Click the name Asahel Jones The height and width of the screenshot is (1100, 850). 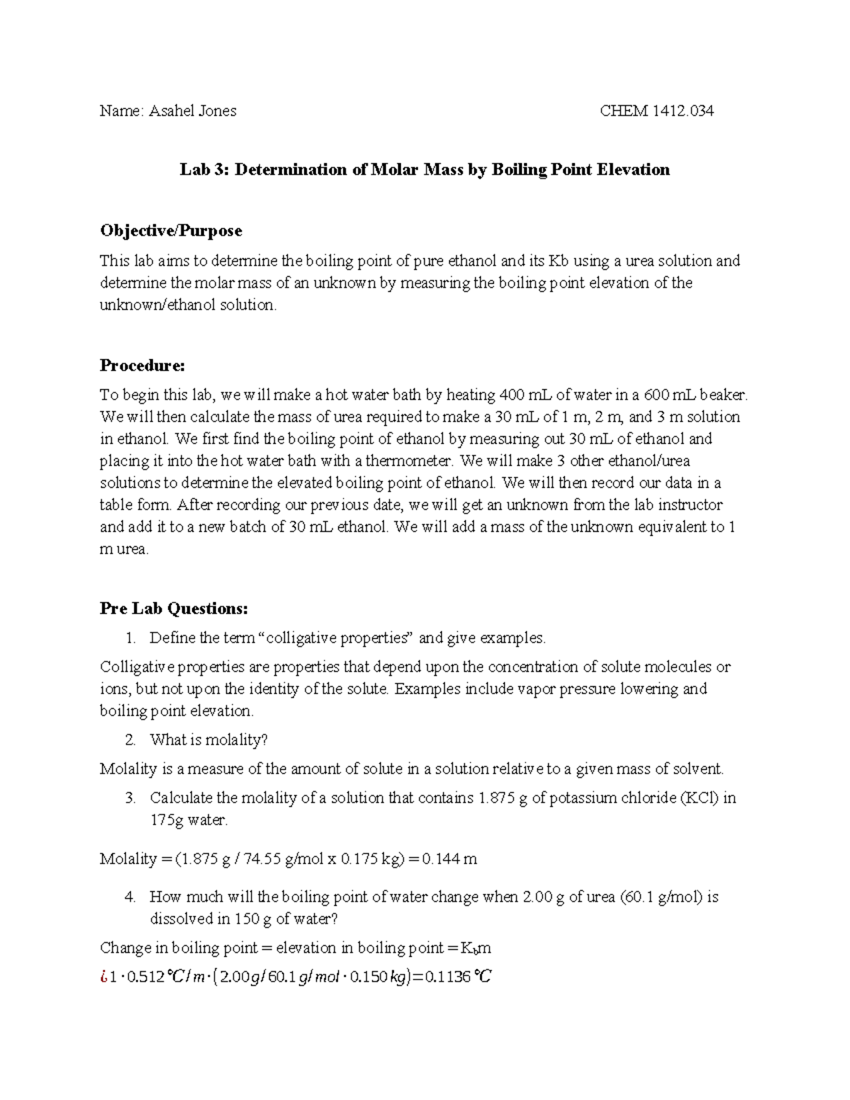click(x=192, y=110)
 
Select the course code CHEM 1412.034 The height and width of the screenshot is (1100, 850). click(x=657, y=110)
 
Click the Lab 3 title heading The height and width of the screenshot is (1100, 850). click(x=424, y=169)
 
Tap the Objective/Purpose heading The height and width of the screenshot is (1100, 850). click(x=171, y=230)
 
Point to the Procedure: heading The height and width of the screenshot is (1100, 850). click(x=142, y=365)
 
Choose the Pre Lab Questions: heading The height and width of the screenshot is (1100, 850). click(x=174, y=608)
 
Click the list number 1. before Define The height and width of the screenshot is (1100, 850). click(x=130, y=638)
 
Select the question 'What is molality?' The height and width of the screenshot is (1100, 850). click(x=209, y=740)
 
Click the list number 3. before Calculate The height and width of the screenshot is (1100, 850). click(x=130, y=798)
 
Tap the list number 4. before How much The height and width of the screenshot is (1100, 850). click(x=130, y=897)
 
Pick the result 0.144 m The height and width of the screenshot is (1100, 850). click(x=449, y=859)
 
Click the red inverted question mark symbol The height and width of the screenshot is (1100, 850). click(x=104, y=977)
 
